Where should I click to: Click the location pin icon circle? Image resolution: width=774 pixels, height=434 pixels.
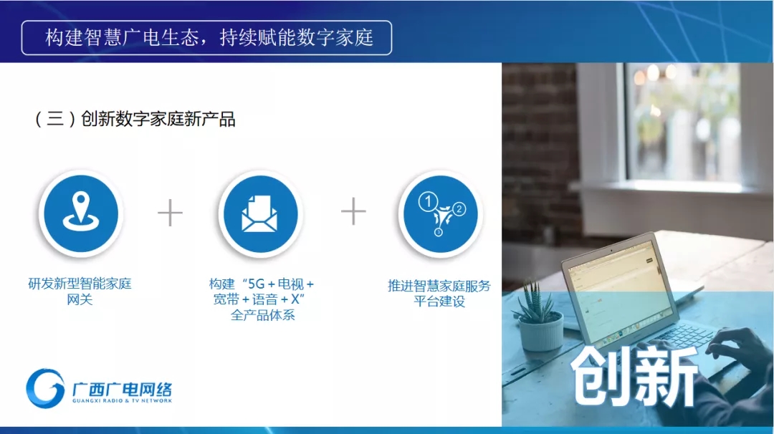click(81, 213)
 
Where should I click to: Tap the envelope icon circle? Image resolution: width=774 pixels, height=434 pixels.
click(260, 214)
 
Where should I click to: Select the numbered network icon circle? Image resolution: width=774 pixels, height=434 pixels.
click(440, 214)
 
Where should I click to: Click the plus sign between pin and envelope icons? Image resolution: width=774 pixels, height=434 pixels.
click(171, 213)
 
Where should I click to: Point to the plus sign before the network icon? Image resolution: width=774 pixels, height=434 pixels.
click(353, 211)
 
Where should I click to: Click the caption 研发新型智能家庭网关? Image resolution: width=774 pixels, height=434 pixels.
click(80, 291)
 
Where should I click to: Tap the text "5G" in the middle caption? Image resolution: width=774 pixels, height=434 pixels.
click(256, 284)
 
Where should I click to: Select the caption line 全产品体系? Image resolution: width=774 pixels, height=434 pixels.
click(262, 315)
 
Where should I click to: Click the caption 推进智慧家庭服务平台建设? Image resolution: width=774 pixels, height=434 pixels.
click(439, 294)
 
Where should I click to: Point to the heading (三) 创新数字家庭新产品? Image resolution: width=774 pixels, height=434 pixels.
click(134, 119)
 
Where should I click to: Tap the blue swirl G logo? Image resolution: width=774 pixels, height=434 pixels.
click(45, 388)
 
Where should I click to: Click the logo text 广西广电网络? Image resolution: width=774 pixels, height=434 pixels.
click(122, 389)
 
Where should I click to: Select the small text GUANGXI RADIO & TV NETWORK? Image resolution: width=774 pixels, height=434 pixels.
click(122, 401)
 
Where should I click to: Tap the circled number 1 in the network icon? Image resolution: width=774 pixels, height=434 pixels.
click(428, 201)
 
